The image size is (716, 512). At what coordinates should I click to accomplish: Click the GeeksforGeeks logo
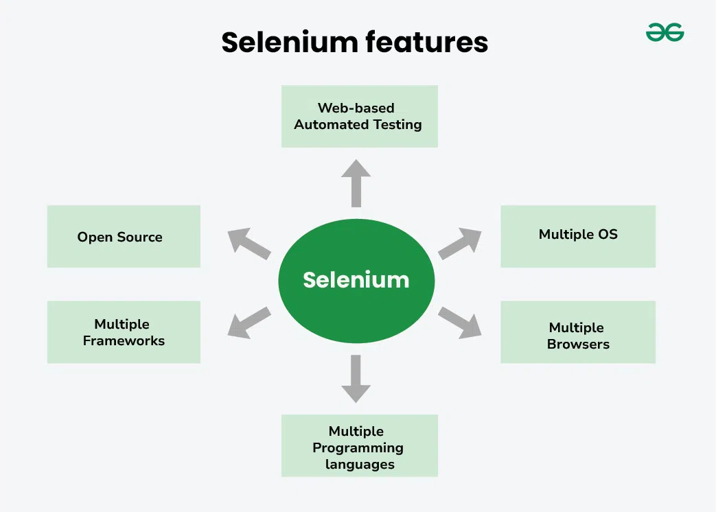click(x=665, y=32)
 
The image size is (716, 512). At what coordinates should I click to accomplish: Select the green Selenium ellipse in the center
click(x=356, y=280)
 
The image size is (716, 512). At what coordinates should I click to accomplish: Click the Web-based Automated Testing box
click(x=359, y=116)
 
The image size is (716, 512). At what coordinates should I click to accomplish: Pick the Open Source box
click(x=124, y=237)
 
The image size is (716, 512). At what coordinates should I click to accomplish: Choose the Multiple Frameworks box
click(x=124, y=332)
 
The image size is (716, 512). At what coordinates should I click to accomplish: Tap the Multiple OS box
click(x=578, y=235)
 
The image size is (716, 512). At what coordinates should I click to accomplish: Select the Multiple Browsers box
click(x=578, y=332)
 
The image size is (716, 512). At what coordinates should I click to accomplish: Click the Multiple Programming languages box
click(x=359, y=445)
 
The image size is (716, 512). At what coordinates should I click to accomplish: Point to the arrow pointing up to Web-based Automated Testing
click(x=356, y=183)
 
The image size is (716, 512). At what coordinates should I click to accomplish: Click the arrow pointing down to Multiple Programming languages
click(x=356, y=378)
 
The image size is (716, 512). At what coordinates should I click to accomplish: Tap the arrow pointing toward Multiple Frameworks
click(x=249, y=321)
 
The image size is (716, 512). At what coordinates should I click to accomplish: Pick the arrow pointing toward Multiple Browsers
click(x=460, y=322)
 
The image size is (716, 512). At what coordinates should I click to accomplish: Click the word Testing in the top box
click(x=397, y=125)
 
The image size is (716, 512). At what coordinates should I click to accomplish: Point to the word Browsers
click(x=578, y=345)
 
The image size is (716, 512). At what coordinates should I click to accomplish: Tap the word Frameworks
click(x=124, y=341)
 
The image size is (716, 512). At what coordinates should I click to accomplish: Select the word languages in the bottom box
click(x=360, y=465)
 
